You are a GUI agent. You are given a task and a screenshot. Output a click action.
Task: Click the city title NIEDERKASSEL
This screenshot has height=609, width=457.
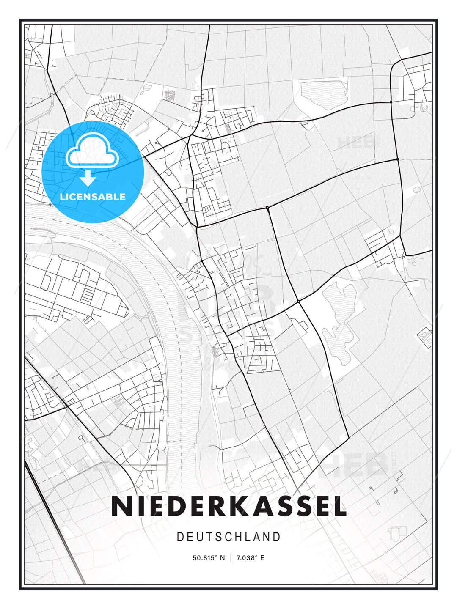(x=228, y=506)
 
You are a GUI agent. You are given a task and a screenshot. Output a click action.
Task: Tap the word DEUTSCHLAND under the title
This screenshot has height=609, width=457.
(x=228, y=537)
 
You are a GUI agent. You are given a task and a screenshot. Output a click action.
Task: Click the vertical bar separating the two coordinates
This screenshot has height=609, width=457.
(x=230, y=558)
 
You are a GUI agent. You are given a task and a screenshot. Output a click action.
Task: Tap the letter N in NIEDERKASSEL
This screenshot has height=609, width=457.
(x=121, y=506)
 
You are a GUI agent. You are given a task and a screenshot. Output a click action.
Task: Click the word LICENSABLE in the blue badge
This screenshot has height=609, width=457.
(x=93, y=197)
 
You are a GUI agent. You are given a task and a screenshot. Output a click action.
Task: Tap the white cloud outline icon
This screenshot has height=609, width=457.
(x=91, y=151)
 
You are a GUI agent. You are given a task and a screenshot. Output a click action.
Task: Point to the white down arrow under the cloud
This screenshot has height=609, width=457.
(x=88, y=179)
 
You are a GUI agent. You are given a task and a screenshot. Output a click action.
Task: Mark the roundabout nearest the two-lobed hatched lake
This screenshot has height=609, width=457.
(x=298, y=302)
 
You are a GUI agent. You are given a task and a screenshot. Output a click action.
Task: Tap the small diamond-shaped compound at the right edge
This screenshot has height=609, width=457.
(x=425, y=337)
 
